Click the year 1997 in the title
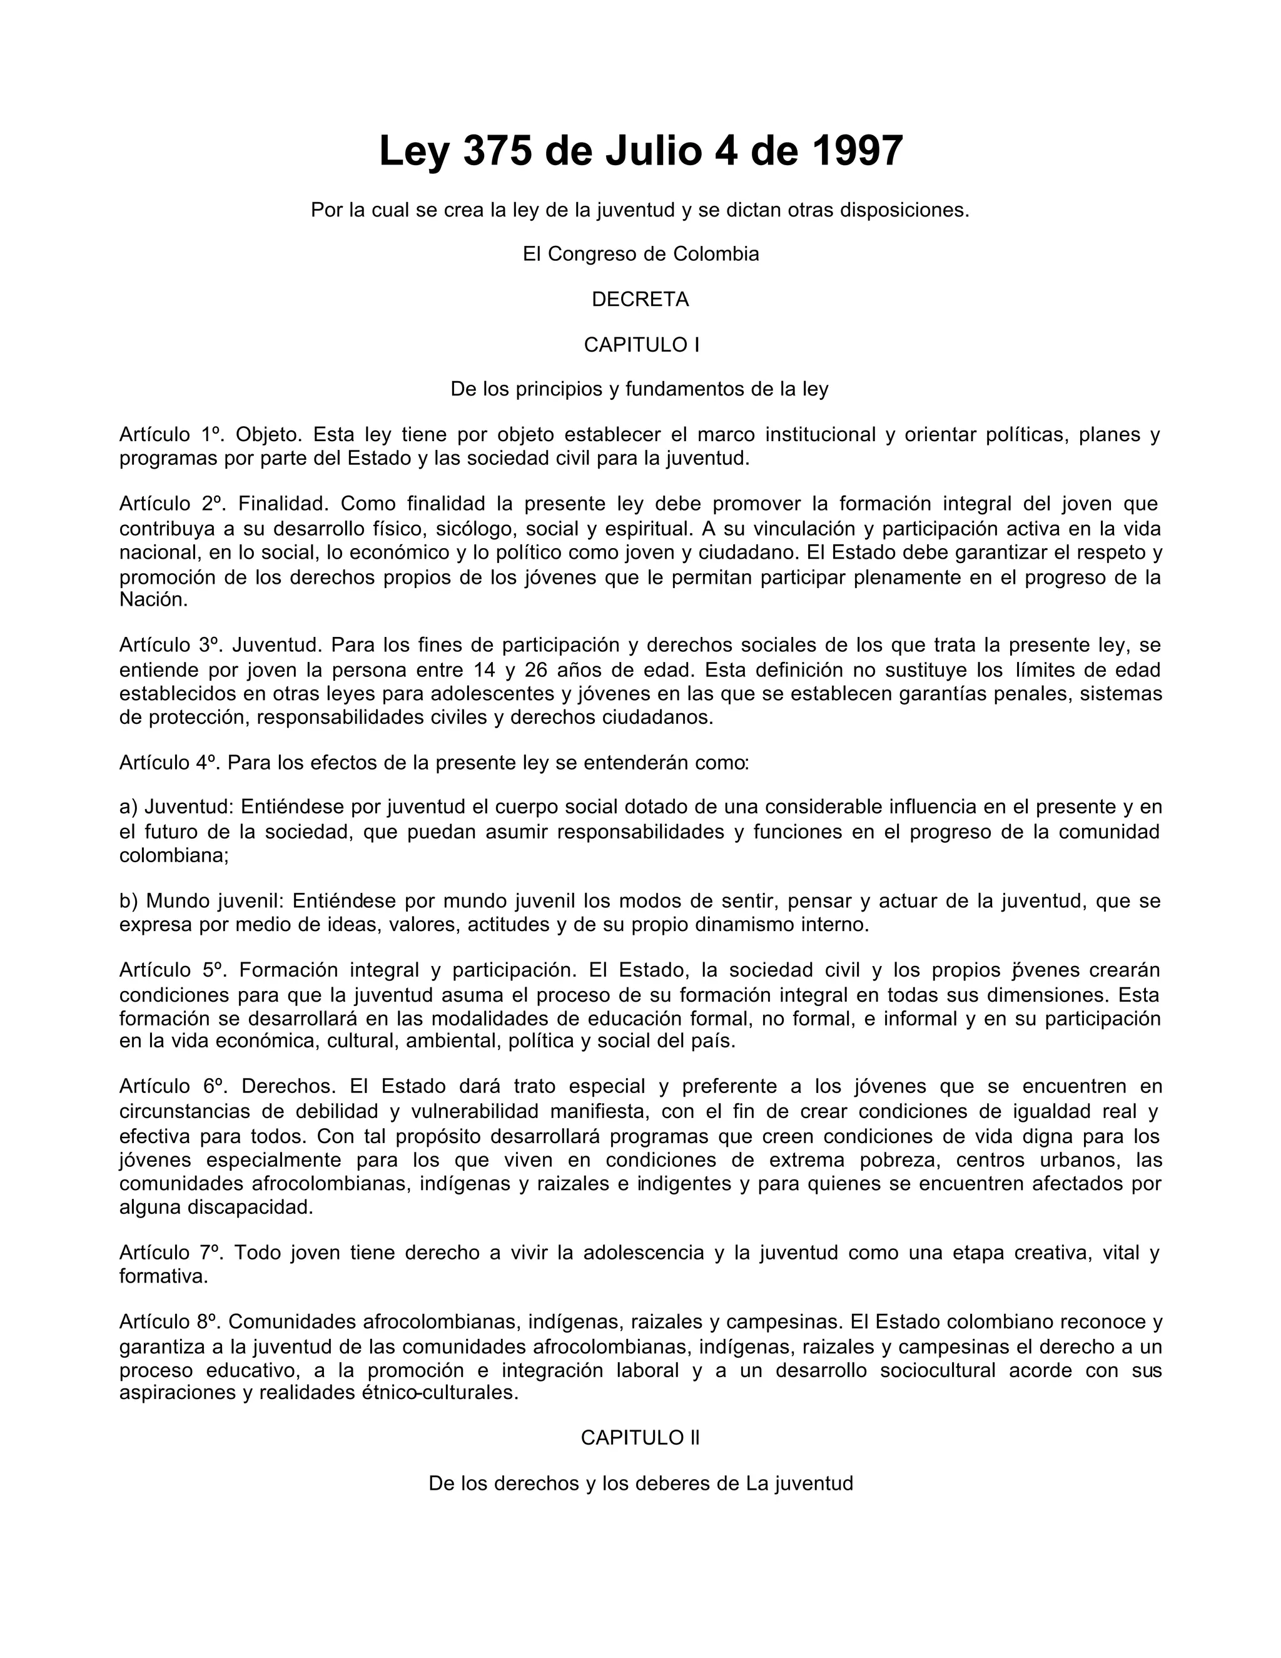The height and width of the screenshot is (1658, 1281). (x=857, y=151)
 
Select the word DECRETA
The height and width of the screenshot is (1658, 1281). (x=640, y=300)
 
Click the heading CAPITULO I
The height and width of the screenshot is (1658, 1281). (x=640, y=345)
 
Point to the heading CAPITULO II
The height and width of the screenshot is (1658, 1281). (x=640, y=1437)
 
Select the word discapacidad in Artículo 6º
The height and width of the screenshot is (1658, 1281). (x=250, y=1207)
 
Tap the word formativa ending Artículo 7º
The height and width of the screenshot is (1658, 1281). (x=163, y=1276)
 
